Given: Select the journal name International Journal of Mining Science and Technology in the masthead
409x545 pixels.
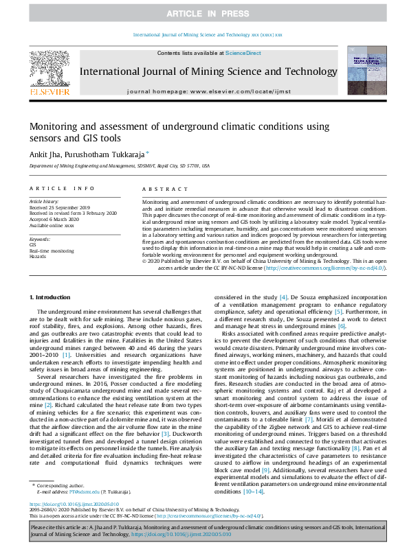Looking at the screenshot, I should point(204,72).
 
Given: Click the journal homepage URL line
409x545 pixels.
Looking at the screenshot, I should point(204,91).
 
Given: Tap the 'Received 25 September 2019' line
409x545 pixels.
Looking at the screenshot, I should point(60,207).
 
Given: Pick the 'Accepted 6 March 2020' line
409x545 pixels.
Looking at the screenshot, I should point(54,219).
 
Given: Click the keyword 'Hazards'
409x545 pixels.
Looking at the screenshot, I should point(38,255).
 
